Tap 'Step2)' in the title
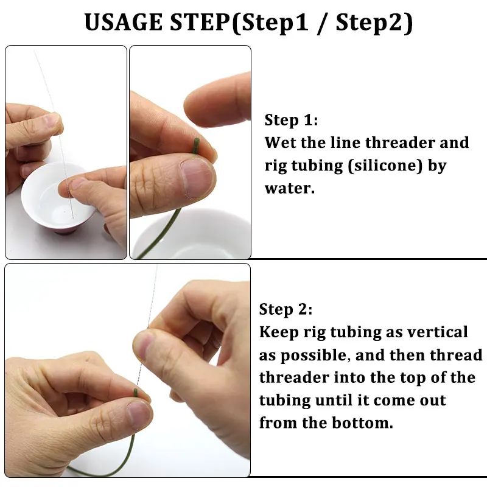[374, 23]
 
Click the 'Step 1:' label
[291, 120]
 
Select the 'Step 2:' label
[286, 309]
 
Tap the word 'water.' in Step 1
[289, 188]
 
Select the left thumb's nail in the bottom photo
[139, 415]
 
